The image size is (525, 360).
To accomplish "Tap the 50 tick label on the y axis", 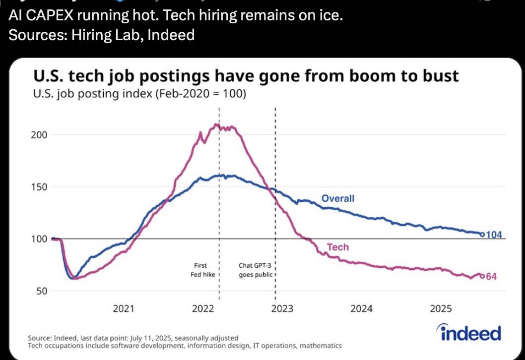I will coord(43,291).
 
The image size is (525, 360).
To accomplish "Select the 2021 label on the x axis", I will coord(124,309).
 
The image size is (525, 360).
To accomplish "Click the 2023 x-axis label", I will coord(282,309).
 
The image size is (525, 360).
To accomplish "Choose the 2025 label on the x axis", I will coord(441,309).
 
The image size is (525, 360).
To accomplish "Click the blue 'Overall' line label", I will coord(338,199).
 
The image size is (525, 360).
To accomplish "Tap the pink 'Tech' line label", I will coord(337,247).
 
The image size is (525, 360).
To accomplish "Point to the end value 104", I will coord(494,235).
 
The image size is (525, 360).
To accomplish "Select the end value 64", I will coord(491,276).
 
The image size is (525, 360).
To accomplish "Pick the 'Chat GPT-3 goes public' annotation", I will coord(255,270).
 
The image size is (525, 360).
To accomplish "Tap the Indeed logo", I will coord(468,333).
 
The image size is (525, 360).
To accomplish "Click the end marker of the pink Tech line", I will coord(481,276).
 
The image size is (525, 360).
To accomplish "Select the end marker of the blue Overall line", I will coord(482,235).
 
